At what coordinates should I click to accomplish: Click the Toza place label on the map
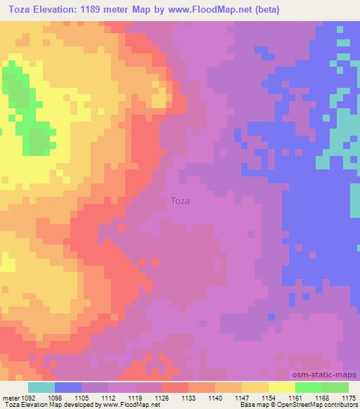pyautogui.click(x=180, y=200)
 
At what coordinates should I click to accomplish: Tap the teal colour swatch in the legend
pyautogui.click(x=41, y=387)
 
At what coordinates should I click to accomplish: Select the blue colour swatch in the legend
pyautogui.click(x=68, y=387)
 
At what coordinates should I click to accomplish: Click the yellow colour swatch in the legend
pyautogui.click(x=281, y=387)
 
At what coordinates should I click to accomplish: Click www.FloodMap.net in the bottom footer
pyautogui.click(x=129, y=405)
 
